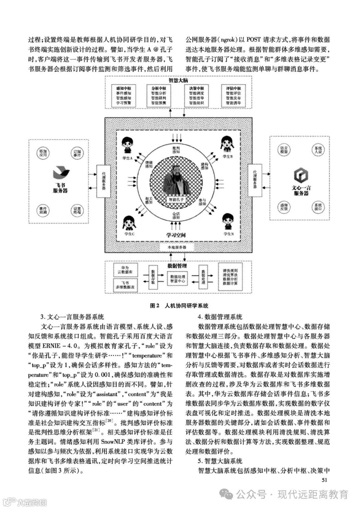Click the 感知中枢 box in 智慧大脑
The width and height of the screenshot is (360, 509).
(x=123, y=96)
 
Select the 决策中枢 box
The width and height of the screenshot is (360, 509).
(x=196, y=96)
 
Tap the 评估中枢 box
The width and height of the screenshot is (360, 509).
(x=233, y=96)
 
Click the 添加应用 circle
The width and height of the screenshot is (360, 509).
(x=43, y=154)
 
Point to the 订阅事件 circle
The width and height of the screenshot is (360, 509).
(x=77, y=154)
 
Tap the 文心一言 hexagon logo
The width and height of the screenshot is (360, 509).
(x=301, y=175)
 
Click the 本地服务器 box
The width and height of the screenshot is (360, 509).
(x=177, y=247)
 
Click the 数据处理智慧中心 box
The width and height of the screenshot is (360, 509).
(x=178, y=279)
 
